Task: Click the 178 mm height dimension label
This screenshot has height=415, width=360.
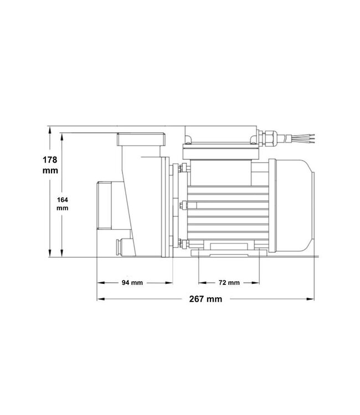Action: tap(50, 165)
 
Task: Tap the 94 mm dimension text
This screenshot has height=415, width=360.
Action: tap(132, 283)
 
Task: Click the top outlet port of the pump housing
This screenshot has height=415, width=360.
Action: tap(141, 138)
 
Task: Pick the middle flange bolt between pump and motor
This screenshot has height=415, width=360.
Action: tap(180, 207)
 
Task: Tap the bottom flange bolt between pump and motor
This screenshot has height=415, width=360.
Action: tap(180, 242)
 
